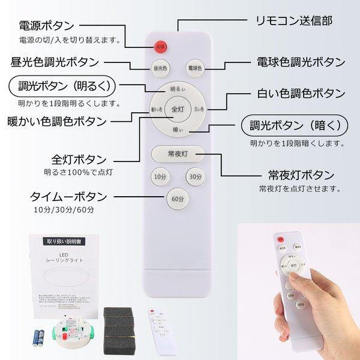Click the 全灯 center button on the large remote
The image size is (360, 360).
178,109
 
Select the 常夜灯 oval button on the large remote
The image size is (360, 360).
178,154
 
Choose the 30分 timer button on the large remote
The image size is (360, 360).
194,177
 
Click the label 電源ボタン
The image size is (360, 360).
47,26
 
